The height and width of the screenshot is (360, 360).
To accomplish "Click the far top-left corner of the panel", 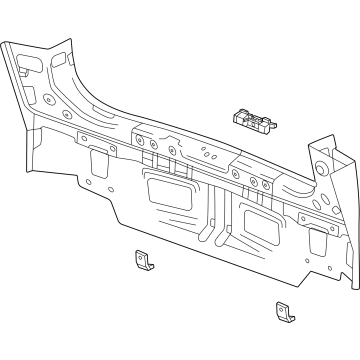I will coord(4,42).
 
